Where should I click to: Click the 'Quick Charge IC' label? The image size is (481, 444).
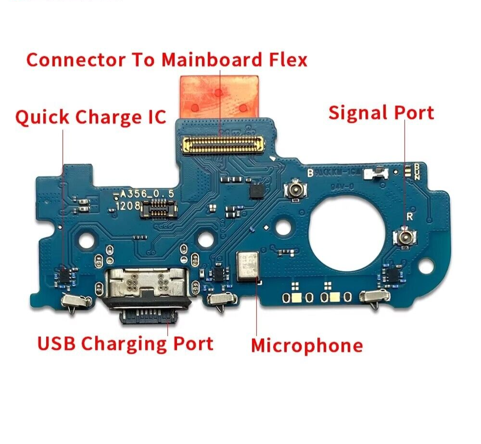tap(90, 117)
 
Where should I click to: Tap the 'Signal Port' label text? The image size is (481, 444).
tap(381, 113)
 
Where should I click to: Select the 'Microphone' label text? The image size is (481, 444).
tap(306, 345)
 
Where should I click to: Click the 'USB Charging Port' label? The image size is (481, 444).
tap(125, 343)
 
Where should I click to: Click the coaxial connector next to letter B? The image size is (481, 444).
tap(293, 190)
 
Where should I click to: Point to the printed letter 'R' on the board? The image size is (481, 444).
tap(409, 216)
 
